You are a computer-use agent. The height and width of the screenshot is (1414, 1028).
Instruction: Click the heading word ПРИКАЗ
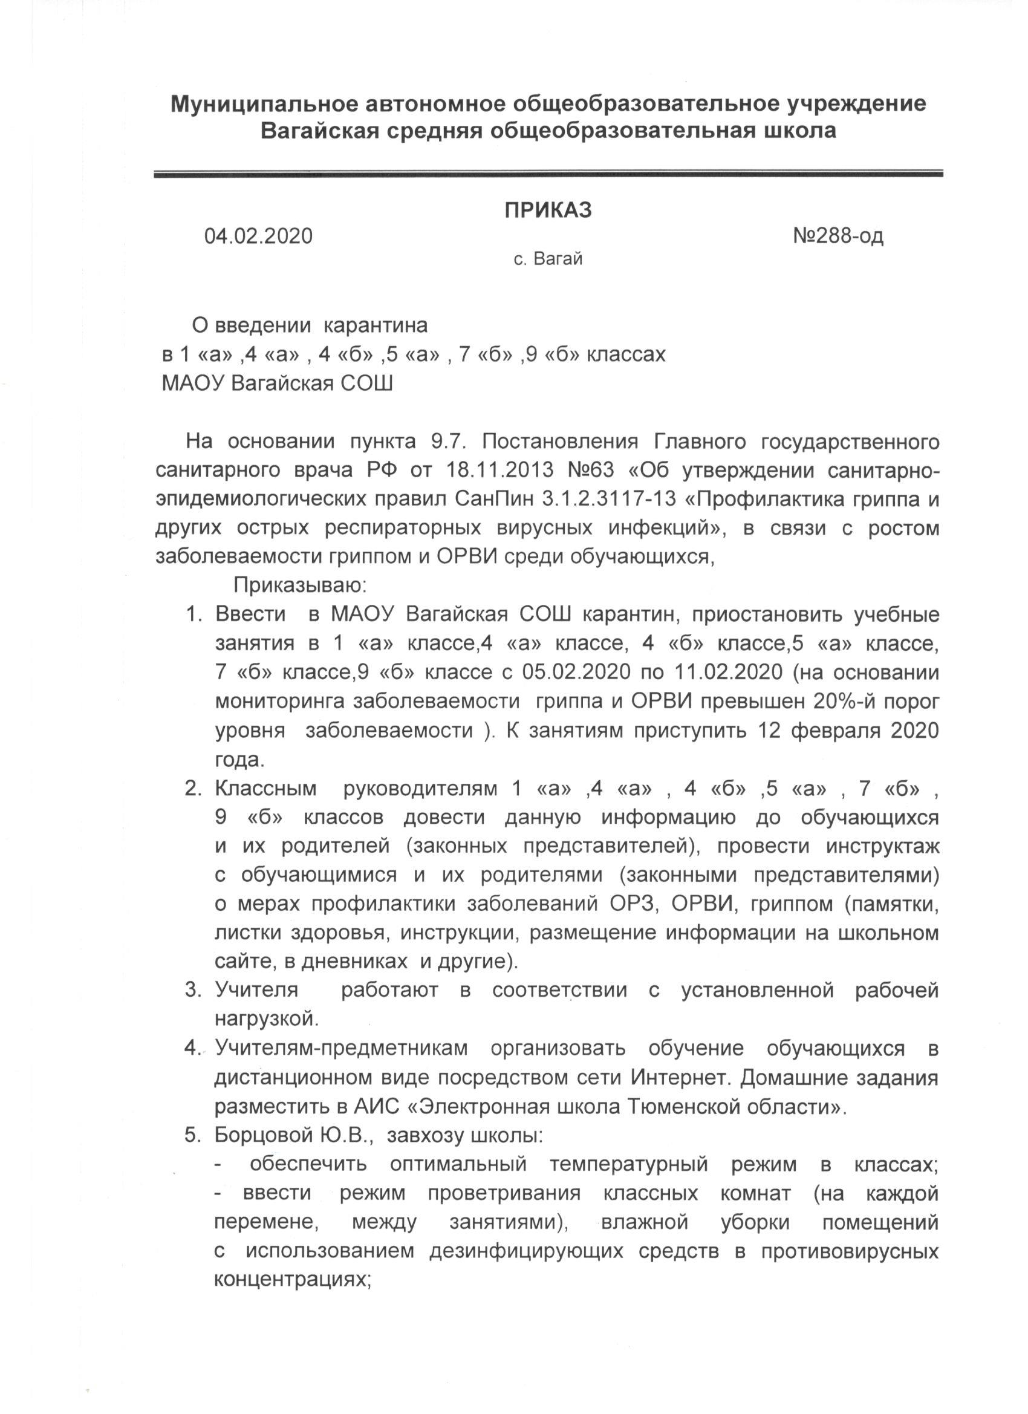(x=547, y=210)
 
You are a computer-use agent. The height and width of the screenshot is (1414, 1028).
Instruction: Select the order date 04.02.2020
(x=259, y=236)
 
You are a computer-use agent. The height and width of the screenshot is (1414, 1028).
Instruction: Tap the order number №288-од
(x=838, y=236)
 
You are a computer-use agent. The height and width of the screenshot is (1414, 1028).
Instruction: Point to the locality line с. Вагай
(x=548, y=259)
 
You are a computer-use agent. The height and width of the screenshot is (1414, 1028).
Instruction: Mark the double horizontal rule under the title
(x=548, y=175)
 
